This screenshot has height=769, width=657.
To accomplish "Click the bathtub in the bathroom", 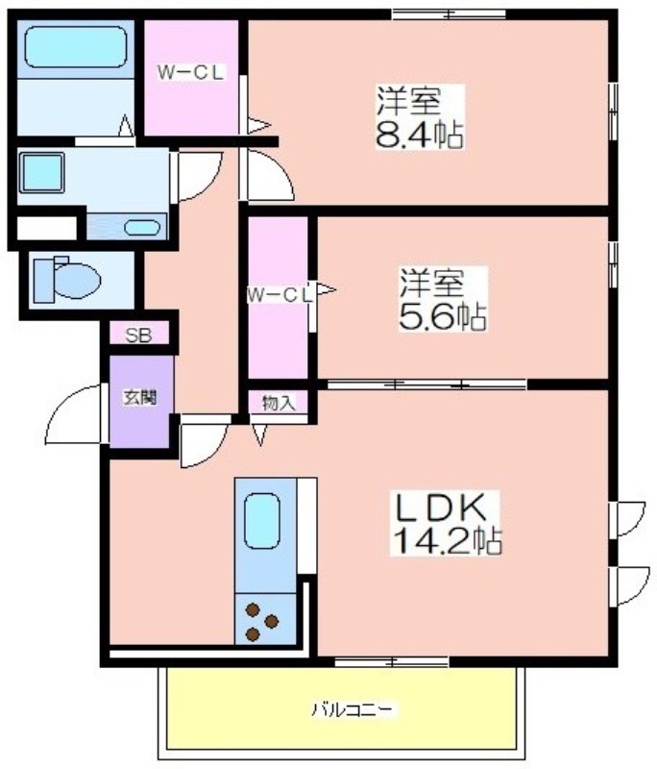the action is point(76,47).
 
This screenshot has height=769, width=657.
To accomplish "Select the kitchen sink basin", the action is point(262,520).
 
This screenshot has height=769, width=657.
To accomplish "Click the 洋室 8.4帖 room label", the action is point(419,117).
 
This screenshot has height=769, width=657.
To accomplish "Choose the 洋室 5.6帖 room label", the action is point(443,299).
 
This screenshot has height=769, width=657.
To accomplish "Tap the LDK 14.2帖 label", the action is point(445,524).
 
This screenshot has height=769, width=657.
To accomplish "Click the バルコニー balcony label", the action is point(352,709).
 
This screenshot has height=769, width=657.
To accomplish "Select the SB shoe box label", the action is point(139,335).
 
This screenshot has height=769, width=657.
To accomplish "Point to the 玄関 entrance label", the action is point(140,397).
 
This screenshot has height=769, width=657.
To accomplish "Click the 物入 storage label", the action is point(279,403).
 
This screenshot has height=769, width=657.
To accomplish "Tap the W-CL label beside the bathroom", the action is point(190,73).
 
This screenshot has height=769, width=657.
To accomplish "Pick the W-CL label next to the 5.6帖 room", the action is point(280,295).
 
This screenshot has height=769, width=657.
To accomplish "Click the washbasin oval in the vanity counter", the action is point(142,228).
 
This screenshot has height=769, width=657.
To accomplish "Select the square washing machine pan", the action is point(42,172).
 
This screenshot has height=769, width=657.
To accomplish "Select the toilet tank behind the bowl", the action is point(43,280).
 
